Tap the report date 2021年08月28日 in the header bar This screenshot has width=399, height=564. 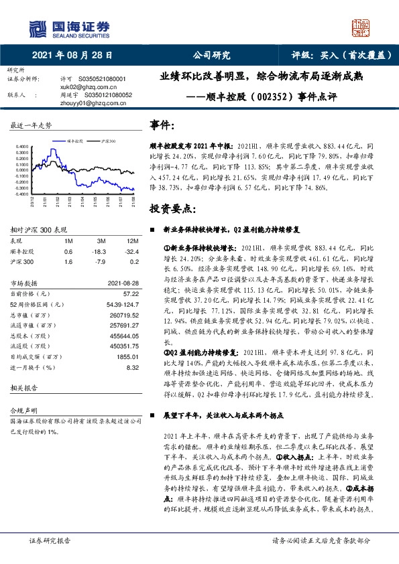72,56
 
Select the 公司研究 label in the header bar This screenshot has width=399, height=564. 211,56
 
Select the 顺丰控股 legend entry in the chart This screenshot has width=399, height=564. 74,141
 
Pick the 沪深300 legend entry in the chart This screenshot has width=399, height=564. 107,141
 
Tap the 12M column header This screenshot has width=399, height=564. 126,240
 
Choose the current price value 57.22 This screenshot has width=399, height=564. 130,293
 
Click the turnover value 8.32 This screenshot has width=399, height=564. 132,367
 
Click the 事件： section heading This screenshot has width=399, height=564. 164,125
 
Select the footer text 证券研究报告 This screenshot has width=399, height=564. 49,540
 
